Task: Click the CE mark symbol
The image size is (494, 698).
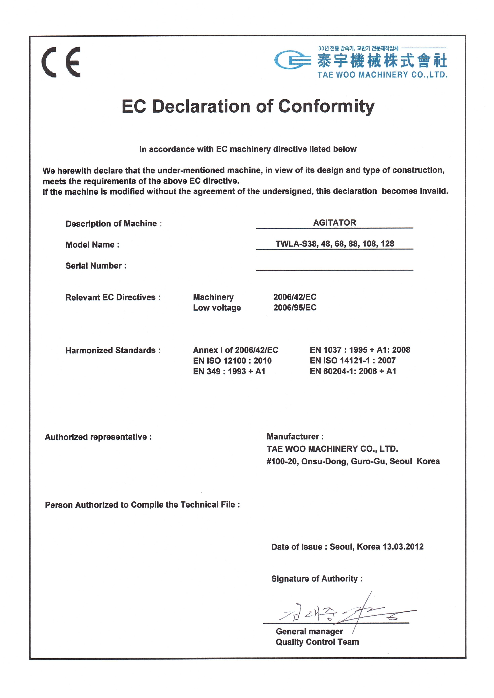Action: coord(61,62)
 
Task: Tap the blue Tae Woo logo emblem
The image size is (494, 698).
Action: coord(293,60)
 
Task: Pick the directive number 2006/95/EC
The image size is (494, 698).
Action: coord(295,308)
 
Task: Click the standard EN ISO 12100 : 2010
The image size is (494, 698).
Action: coord(232,361)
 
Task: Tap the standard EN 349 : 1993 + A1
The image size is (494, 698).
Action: coord(229,371)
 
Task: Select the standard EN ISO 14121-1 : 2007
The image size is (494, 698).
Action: coord(353,361)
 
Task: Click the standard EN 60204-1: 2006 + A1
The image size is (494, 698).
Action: coord(353,371)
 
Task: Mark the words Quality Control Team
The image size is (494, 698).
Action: coord(317,642)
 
